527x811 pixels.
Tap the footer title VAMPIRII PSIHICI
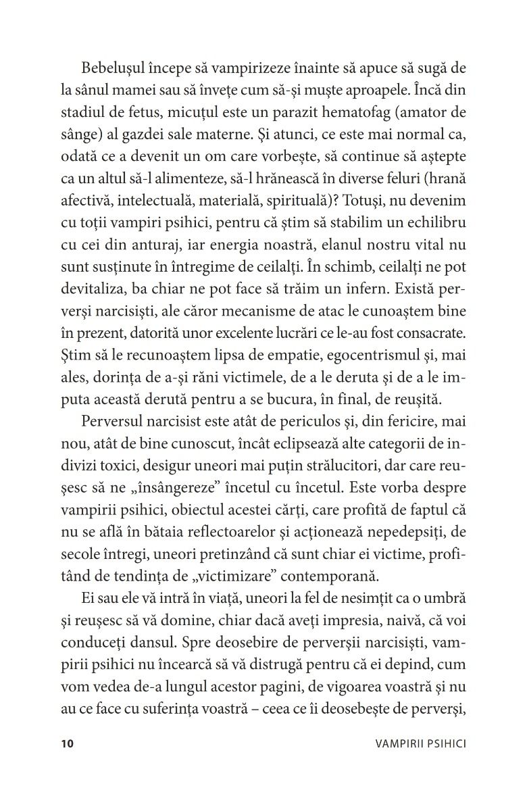pyautogui.click(x=422, y=744)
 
